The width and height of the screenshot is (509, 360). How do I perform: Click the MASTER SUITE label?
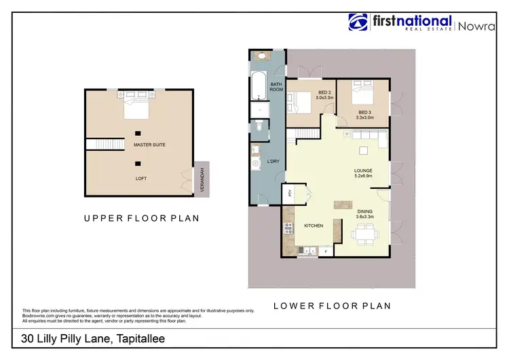tap(149, 145)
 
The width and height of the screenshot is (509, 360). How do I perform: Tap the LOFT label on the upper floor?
tap(140, 178)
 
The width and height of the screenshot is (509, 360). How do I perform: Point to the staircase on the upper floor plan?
tap(105, 144)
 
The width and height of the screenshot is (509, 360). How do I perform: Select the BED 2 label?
tap(324, 92)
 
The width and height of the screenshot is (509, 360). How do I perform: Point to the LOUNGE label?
tap(364, 170)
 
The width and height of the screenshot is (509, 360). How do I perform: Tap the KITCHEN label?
tap(314, 226)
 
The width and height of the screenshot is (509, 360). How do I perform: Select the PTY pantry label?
tap(288, 193)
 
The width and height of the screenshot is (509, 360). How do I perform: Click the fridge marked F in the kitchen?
tap(326, 252)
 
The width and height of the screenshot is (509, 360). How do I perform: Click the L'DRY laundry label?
tap(274, 161)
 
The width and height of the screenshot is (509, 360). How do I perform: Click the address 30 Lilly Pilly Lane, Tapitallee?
tap(93, 338)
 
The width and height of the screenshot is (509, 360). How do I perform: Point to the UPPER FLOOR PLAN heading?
tap(141, 218)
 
